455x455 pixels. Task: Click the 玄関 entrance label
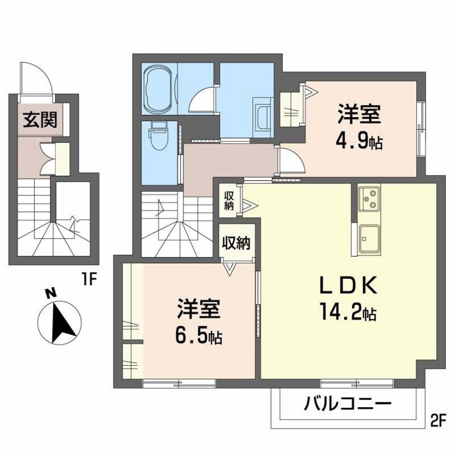(x=39, y=120)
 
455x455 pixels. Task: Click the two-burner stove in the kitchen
(x=369, y=198)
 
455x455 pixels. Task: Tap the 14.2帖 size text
(x=349, y=312)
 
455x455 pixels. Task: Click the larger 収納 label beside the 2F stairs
(x=237, y=243)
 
